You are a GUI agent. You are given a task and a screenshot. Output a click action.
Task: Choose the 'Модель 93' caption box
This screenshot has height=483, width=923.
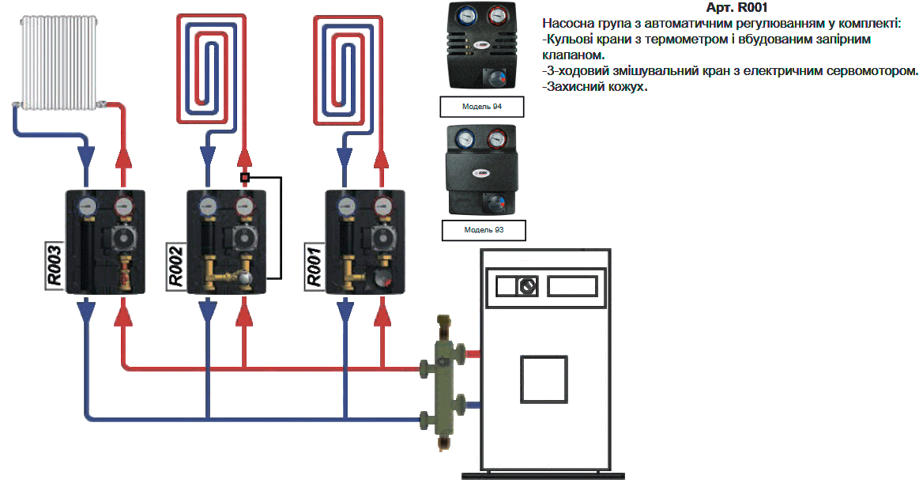pos(483,230)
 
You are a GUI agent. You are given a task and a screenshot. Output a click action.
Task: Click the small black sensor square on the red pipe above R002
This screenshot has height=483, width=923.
pos(245,178)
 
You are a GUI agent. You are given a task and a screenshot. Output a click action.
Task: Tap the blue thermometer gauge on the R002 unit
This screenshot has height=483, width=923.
pos(207,207)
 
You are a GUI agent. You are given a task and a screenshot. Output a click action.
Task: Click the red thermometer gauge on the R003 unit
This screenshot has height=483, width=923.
pos(122,207)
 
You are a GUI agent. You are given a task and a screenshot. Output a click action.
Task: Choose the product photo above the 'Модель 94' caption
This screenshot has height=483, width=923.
pos(482,46)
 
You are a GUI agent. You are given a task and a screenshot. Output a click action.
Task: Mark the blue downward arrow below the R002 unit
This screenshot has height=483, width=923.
pos(207,315)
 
